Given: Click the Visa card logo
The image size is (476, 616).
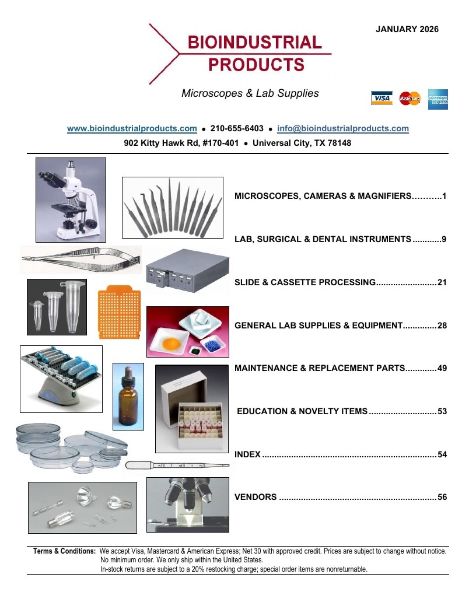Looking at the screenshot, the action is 381,98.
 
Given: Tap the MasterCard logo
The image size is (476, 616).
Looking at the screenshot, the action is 410,98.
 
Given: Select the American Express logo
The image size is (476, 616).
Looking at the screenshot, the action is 438,99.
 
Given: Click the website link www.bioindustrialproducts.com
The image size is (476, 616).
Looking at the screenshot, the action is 132,128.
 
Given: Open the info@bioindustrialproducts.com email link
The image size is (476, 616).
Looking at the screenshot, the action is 343,128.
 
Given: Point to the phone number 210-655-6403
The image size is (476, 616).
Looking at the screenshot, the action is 237,128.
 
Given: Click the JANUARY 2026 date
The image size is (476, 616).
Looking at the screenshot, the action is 407,29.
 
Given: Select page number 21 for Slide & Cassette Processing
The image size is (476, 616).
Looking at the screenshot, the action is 442,282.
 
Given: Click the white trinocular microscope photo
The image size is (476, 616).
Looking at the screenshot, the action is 71,200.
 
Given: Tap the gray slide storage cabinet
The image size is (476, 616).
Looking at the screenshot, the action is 188,271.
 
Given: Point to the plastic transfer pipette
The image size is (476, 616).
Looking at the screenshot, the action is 177,465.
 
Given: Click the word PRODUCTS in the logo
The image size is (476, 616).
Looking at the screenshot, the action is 256,65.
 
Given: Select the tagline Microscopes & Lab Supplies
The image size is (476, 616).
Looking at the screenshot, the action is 250,93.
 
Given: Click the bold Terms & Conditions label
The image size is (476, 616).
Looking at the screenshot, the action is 64,551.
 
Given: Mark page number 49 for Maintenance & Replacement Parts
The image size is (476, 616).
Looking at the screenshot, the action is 442,368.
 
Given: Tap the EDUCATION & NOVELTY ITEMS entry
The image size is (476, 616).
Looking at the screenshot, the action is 302,411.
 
